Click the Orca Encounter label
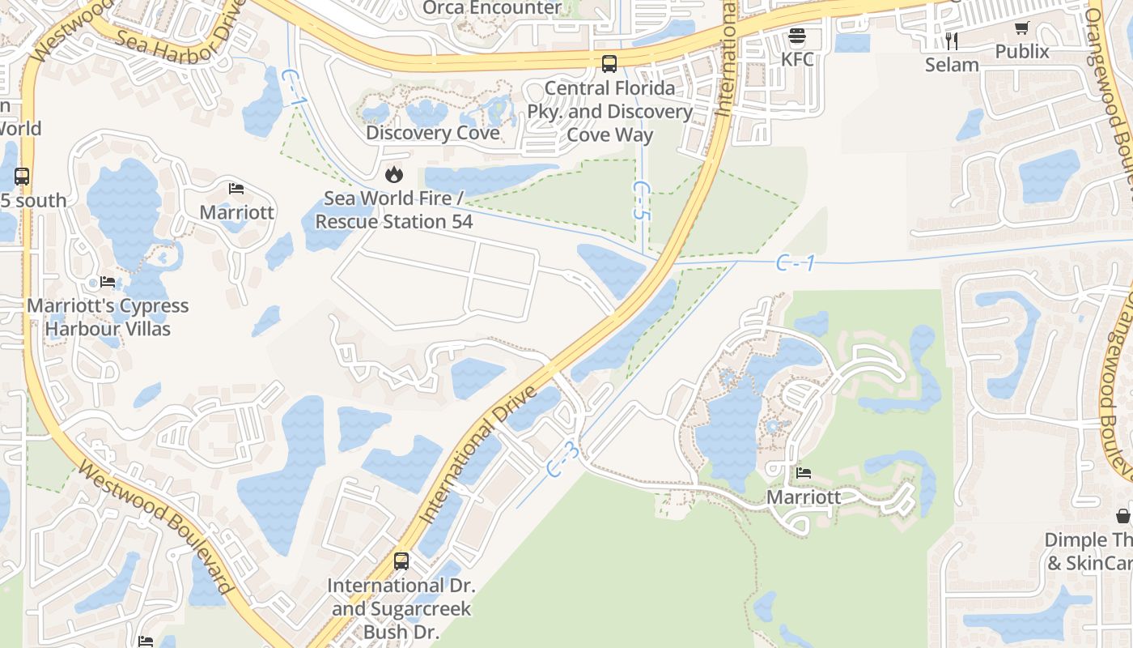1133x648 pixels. pyautogui.click(x=492, y=8)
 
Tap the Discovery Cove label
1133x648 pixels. pyautogui.click(x=433, y=133)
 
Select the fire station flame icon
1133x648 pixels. pyautogui.click(x=393, y=174)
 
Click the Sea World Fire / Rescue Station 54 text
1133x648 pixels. pyautogui.click(x=394, y=210)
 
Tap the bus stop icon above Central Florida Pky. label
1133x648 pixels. pyautogui.click(x=609, y=63)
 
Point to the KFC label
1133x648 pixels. pyautogui.click(x=797, y=59)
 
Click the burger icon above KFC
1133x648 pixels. pyautogui.click(x=797, y=36)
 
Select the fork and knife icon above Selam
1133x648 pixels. pyautogui.click(x=952, y=40)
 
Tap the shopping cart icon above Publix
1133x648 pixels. pyautogui.click(x=1022, y=28)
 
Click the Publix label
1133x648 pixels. pyautogui.click(x=1022, y=52)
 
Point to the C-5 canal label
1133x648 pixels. pyautogui.click(x=641, y=201)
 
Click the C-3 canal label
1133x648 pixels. pyautogui.click(x=563, y=459)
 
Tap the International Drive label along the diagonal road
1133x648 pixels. pyautogui.click(x=477, y=454)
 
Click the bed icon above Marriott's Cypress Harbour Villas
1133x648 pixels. pyautogui.click(x=108, y=283)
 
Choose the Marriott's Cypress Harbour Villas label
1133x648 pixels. pyautogui.click(x=108, y=318)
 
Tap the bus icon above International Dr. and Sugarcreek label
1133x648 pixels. pyautogui.click(x=401, y=561)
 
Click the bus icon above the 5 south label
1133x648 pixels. pyautogui.click(x=22, y=177)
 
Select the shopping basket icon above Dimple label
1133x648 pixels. pyautogui.click(x=1123, y=515)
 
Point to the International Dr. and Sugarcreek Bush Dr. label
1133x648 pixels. pyautogui.click(x=401, y=608)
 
